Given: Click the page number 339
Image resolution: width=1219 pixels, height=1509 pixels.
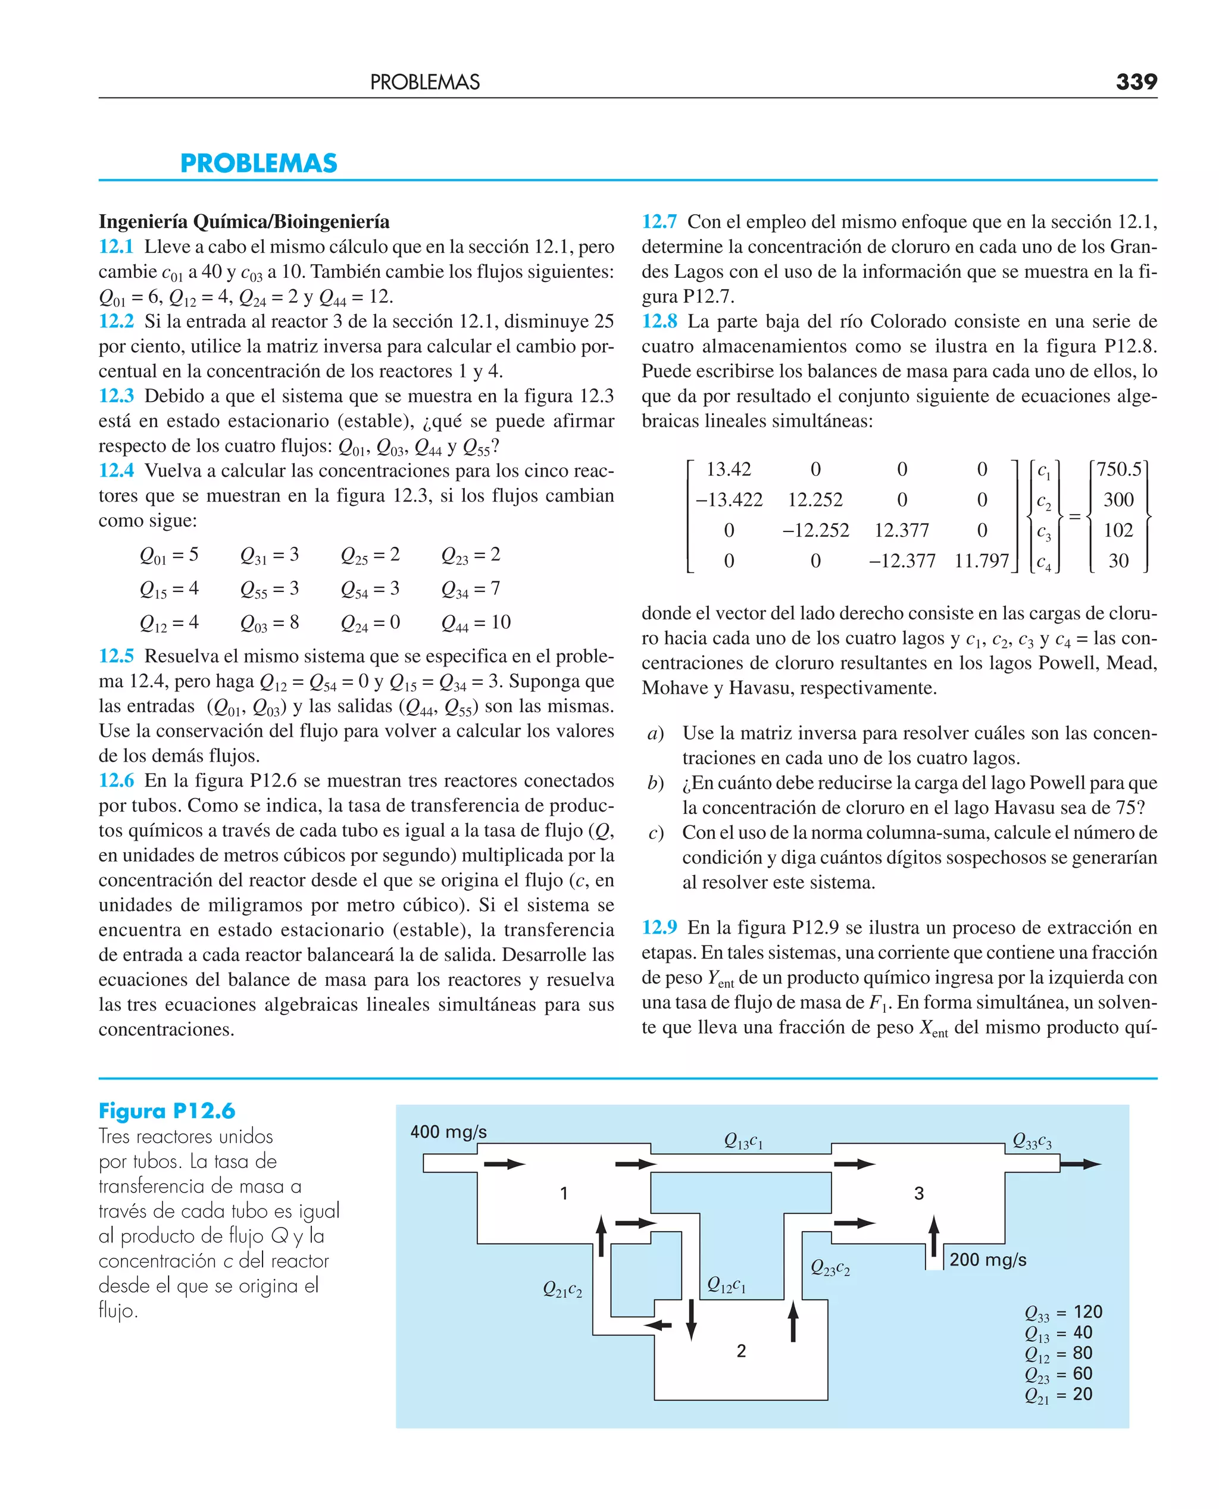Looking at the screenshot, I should click(x=1136, y=82).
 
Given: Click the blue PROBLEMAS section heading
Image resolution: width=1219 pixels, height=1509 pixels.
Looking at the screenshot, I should click(x=258, y=163).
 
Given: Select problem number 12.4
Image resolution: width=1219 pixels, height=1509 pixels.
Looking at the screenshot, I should click(x=116, y=470).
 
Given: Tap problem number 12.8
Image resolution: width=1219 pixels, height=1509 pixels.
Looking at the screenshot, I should click(x=659, y=321).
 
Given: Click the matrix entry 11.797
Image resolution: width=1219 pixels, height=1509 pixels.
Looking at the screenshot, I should click(x=981, y=561).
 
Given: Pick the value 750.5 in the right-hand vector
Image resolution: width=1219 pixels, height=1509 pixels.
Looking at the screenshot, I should click(x=1119, y=469).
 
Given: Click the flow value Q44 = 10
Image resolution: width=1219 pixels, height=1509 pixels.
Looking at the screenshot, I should click(x=476, y=622).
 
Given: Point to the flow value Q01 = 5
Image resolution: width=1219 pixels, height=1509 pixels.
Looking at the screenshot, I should click(x=168, y=555).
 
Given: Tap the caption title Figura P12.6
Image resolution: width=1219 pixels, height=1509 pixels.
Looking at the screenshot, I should click(x=167, y=1111).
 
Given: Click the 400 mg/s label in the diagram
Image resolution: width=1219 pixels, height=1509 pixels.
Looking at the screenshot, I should click(x=448, y=1131).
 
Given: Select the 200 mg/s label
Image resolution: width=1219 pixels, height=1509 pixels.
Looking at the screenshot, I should click(x=987, y=1259).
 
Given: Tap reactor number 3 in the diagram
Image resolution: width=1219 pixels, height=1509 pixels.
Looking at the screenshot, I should click(x=918, y=1193).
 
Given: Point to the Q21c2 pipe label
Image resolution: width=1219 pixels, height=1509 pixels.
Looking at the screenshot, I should click(x=562, y=1289).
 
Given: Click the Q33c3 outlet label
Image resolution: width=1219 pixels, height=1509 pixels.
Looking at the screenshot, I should click(x=1032, y=1141).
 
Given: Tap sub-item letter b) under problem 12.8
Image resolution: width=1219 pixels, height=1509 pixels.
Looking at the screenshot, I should click(x=656, y=783).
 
